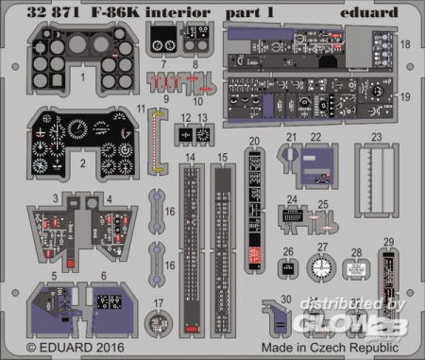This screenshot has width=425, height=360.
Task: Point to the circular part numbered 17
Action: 154,322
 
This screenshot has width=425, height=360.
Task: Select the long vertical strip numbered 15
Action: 224,248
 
